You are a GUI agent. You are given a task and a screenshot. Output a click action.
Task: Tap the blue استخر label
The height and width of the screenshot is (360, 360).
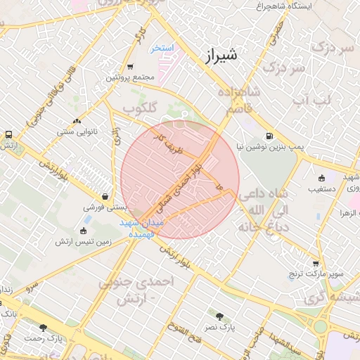163,49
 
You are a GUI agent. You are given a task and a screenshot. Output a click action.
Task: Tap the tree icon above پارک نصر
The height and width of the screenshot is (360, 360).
219,316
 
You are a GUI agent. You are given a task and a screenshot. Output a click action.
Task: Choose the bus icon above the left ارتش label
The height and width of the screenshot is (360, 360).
8,134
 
